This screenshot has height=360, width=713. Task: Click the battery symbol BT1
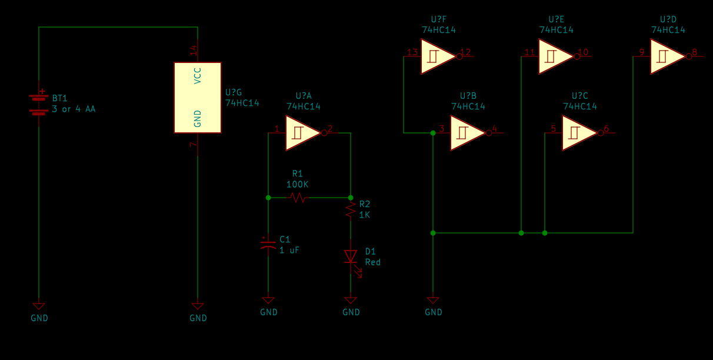pyautogui.click(x=39, y=104)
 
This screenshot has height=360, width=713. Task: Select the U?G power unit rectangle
pyautogui.click(x=198, y=98)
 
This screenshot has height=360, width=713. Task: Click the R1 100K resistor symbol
pyautogui.click(x=298, y=198)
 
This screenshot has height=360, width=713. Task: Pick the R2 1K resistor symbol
pyautogui.click(x=351, y=210)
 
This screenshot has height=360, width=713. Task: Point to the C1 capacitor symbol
pyautogui.click(x=268, y=245)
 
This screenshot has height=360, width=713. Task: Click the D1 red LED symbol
pyautogui.click(x=351, y=257)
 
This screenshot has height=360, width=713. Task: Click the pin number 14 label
pyautogui.click(x=194, y=51)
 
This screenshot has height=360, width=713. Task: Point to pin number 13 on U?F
pyautogui.click(x=412, y=52)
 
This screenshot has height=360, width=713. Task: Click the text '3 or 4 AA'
pyautogui.click(x=74, y=109)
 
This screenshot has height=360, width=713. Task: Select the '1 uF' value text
pyautogui.click(x=289, y=250)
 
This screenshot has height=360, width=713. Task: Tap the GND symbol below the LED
pyautogui.click(x=351, y=301)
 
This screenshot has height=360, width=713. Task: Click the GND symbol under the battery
pyautogui.click(x=39, y=306)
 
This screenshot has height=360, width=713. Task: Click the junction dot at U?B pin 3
pyautogui.click(x=433, y=133)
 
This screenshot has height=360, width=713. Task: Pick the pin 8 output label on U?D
pyautogui.click(x=694, y=52)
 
